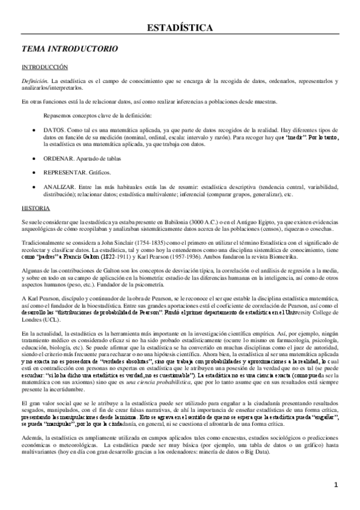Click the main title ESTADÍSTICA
click(x=180, y=28)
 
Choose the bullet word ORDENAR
click(x=58, y=158)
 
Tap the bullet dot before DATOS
click(x=32, y=130)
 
